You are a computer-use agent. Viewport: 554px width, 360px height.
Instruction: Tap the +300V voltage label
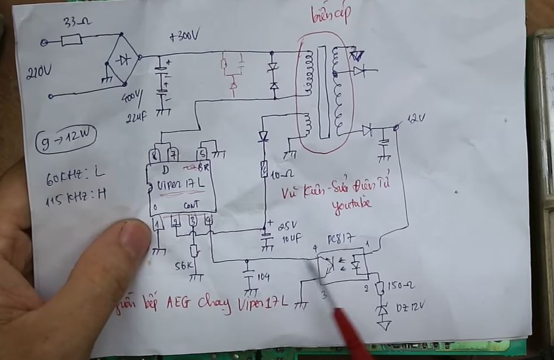point(184,37)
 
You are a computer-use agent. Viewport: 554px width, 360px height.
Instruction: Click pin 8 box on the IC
point(155,155)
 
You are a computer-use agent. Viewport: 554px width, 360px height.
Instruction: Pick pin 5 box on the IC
point(203,155)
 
